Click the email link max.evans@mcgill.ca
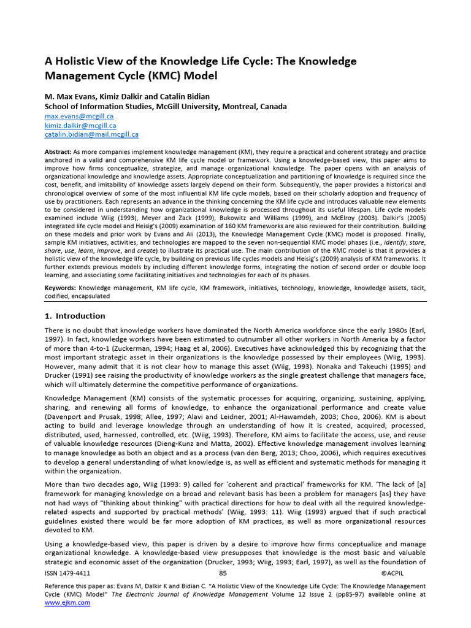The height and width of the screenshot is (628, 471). tap(79, 116)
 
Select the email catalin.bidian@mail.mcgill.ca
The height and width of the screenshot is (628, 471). tap(91, 134)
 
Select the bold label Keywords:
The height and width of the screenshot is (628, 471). tap(60, 288)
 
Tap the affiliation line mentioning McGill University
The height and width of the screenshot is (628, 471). tap(166, 106)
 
